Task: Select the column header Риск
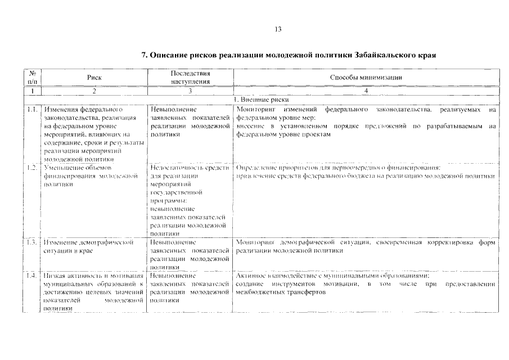pos(94,78)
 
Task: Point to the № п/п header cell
pos(32,78)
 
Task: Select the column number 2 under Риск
pos(94,90)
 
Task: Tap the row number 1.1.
pos(32,109)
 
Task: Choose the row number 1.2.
pos(32,168)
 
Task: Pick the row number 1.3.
pos(32,242)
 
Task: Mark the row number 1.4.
pos(32,276)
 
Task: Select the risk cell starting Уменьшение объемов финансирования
pos(90,175)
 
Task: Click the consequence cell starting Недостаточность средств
pos(190,200)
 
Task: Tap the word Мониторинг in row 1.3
pos(255,242)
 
